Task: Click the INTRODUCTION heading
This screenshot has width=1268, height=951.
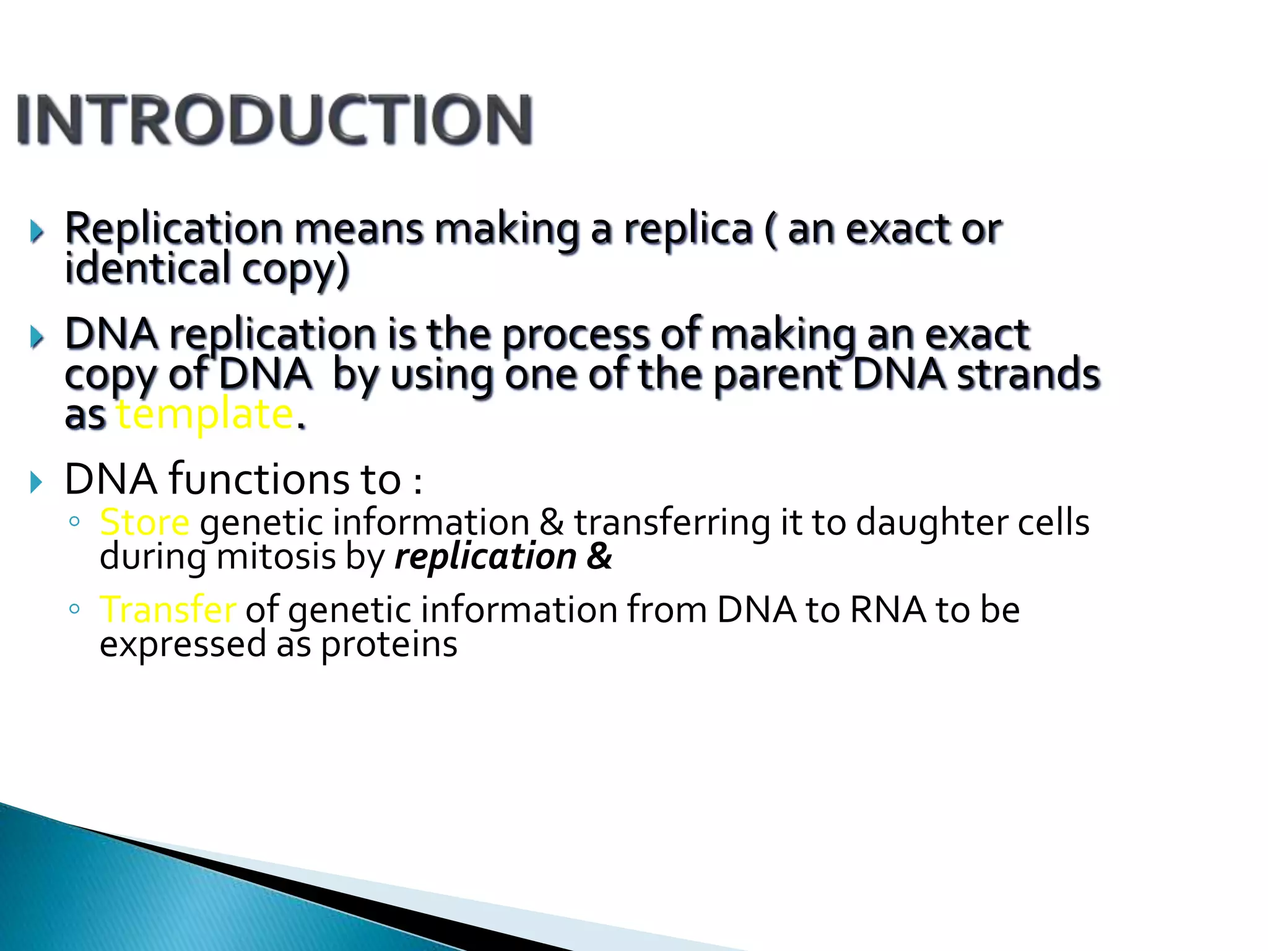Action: [x=274, y=119]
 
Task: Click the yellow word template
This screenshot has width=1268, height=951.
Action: [x=205, y=414]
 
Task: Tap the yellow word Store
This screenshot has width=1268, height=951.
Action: [x=144, y=522]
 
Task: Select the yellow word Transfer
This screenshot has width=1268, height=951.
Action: [x=168, y=609]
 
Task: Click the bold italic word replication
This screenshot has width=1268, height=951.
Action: [x=485, y=557]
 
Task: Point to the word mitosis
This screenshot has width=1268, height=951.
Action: [x=276, y=557]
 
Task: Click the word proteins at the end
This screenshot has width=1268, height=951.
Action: [x=389, y=645]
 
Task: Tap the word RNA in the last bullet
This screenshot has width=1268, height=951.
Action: [x=887, y=609]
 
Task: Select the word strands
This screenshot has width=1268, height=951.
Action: [x=1028, y=374]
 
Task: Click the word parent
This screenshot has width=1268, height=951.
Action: [x=777, y=375]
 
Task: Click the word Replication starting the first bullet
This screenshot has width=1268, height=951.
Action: [x=174, y=229]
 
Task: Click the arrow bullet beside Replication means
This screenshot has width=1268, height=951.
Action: [x=37, y=232]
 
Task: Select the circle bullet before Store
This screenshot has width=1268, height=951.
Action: [x=74, y=521]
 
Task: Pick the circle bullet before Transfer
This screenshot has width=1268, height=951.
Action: [x=74, y=609]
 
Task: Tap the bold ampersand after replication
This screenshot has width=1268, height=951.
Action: [x=599, y=557]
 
